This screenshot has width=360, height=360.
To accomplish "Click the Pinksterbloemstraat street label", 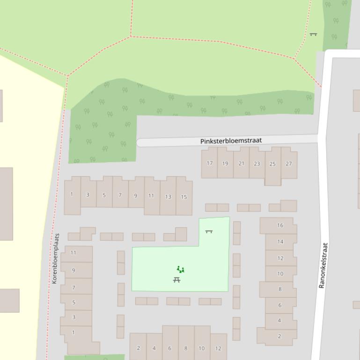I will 231,141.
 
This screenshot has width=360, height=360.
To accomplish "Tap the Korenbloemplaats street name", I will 55,259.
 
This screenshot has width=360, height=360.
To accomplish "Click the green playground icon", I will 180,269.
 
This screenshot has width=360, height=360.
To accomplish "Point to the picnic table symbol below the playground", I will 176,280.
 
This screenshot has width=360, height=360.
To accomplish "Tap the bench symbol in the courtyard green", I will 209,231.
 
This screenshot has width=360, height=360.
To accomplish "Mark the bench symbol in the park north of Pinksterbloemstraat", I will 313,34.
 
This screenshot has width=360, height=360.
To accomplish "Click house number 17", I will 210,164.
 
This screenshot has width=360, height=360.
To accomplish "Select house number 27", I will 288,164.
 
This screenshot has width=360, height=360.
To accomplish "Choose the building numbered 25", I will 272,164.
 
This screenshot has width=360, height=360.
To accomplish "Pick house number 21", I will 241,164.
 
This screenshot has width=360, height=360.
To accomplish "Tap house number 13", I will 168,197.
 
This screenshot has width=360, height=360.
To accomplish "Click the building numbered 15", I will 184,197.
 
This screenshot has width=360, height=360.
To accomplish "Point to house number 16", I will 280,225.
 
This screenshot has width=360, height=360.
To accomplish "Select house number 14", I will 280,242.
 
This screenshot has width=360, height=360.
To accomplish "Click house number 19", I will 225,164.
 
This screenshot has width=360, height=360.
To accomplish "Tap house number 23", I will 257,164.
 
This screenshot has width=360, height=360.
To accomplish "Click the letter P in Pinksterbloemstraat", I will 202,141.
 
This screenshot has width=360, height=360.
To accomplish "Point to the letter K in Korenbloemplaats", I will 55,281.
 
